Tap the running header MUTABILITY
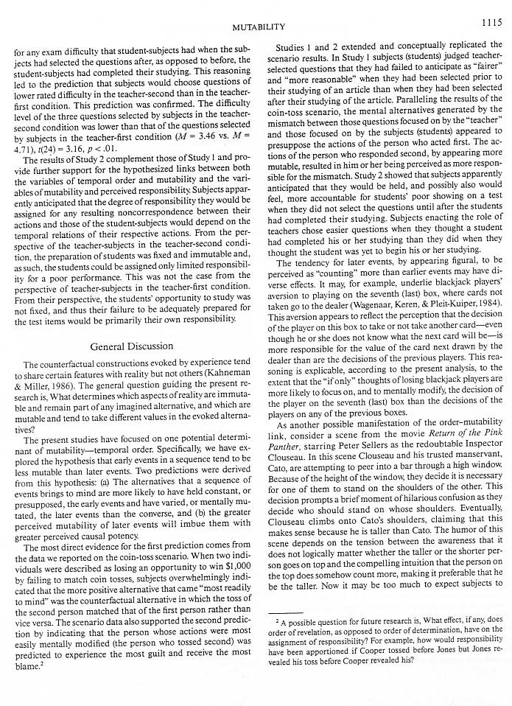(258, 27)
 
